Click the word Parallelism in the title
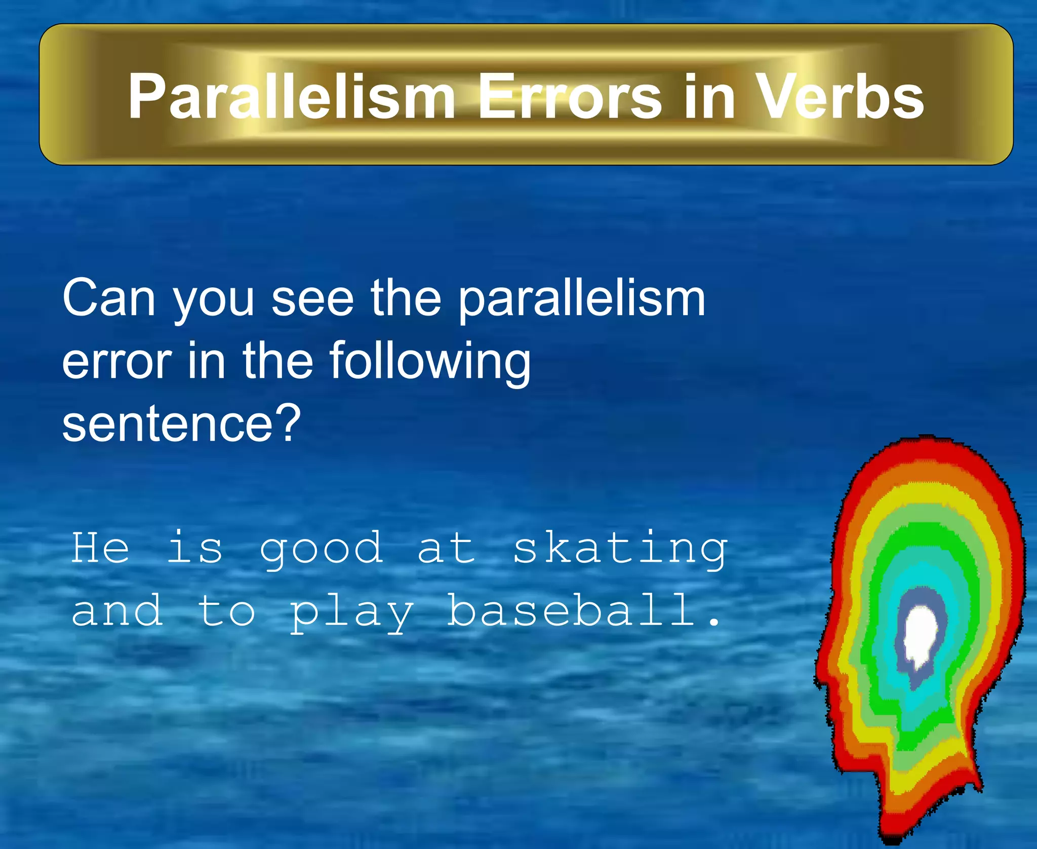[291, 96]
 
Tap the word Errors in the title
[570, 96]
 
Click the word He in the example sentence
[100, 548]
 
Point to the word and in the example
[117, 611]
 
